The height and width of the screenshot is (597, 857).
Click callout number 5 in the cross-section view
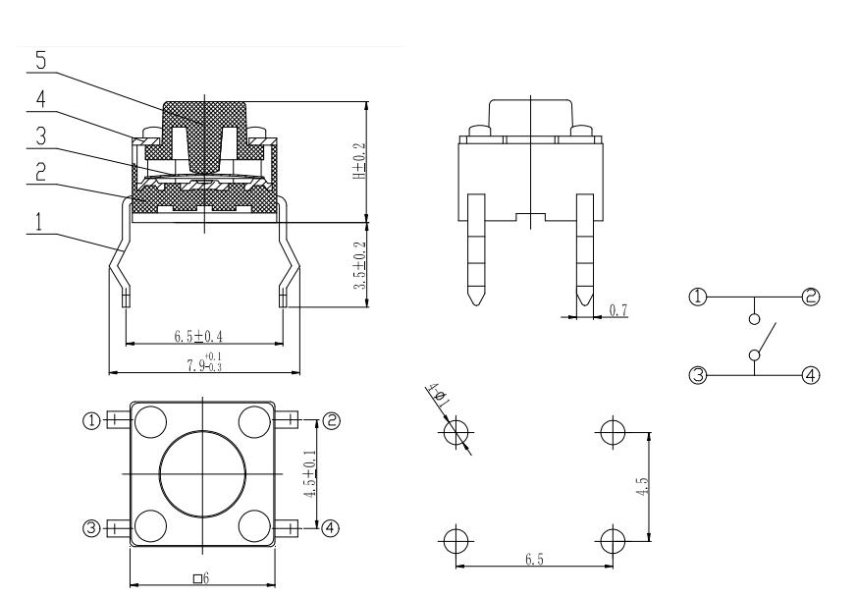coord(41,60)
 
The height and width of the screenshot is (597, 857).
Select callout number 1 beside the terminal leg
coord(38,222)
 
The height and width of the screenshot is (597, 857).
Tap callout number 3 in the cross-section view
coord(41,136)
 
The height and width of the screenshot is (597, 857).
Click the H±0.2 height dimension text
coord(359,161)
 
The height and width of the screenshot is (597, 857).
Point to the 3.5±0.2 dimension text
coord(359,266)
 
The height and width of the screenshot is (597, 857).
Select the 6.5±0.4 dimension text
coord(198,336)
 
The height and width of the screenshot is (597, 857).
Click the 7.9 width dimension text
coord(204,362)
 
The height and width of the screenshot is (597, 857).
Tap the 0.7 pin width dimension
coord(618,310)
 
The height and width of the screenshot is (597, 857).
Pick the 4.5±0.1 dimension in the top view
coord(310,473)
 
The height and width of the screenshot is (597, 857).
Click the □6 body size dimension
coord(201,578)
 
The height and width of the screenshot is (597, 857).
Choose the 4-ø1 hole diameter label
coord(439,395)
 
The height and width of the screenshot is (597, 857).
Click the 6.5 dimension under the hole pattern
coord(535,560)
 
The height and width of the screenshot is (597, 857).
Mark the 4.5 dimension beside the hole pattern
coord(643,487)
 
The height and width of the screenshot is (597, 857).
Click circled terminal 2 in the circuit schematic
coord(811,297)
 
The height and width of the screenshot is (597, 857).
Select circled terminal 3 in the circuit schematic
coord(698,376)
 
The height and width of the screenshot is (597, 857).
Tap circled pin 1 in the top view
coord(91,420)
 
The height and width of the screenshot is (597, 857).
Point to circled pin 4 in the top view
coord(330,528)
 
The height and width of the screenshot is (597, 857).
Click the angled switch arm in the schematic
coord(767,338)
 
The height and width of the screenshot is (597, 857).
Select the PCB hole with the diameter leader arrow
coord(455,432)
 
